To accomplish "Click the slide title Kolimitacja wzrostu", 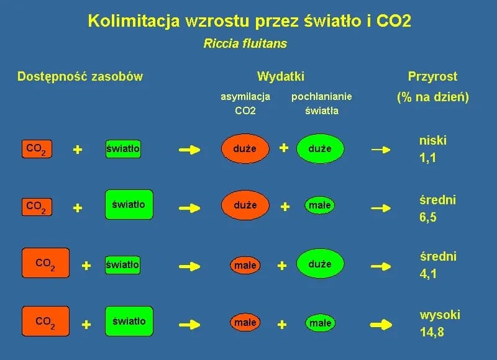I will point(249,21).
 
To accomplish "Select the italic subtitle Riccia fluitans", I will point(245,44).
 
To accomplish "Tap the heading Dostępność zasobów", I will point(80,76).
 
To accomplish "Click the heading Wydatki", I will point(281,76).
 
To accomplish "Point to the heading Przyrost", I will point(432,76).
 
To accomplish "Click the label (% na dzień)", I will point(432,97).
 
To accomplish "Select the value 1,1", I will point(428,158).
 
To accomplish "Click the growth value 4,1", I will point(428,273).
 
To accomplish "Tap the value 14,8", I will point(432,332).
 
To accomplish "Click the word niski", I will point(433,140).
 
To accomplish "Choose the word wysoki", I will point(440,315).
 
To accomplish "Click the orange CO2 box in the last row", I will point(45,322).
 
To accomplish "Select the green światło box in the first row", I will point(123,149).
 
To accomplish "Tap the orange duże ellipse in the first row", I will point(245,149).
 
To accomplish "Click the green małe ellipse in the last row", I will point(321,323).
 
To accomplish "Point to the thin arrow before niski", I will point(381,149).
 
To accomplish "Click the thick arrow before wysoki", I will point(381,323).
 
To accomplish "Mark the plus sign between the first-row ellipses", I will point(284,148).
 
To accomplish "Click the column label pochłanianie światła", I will point(321,104).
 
